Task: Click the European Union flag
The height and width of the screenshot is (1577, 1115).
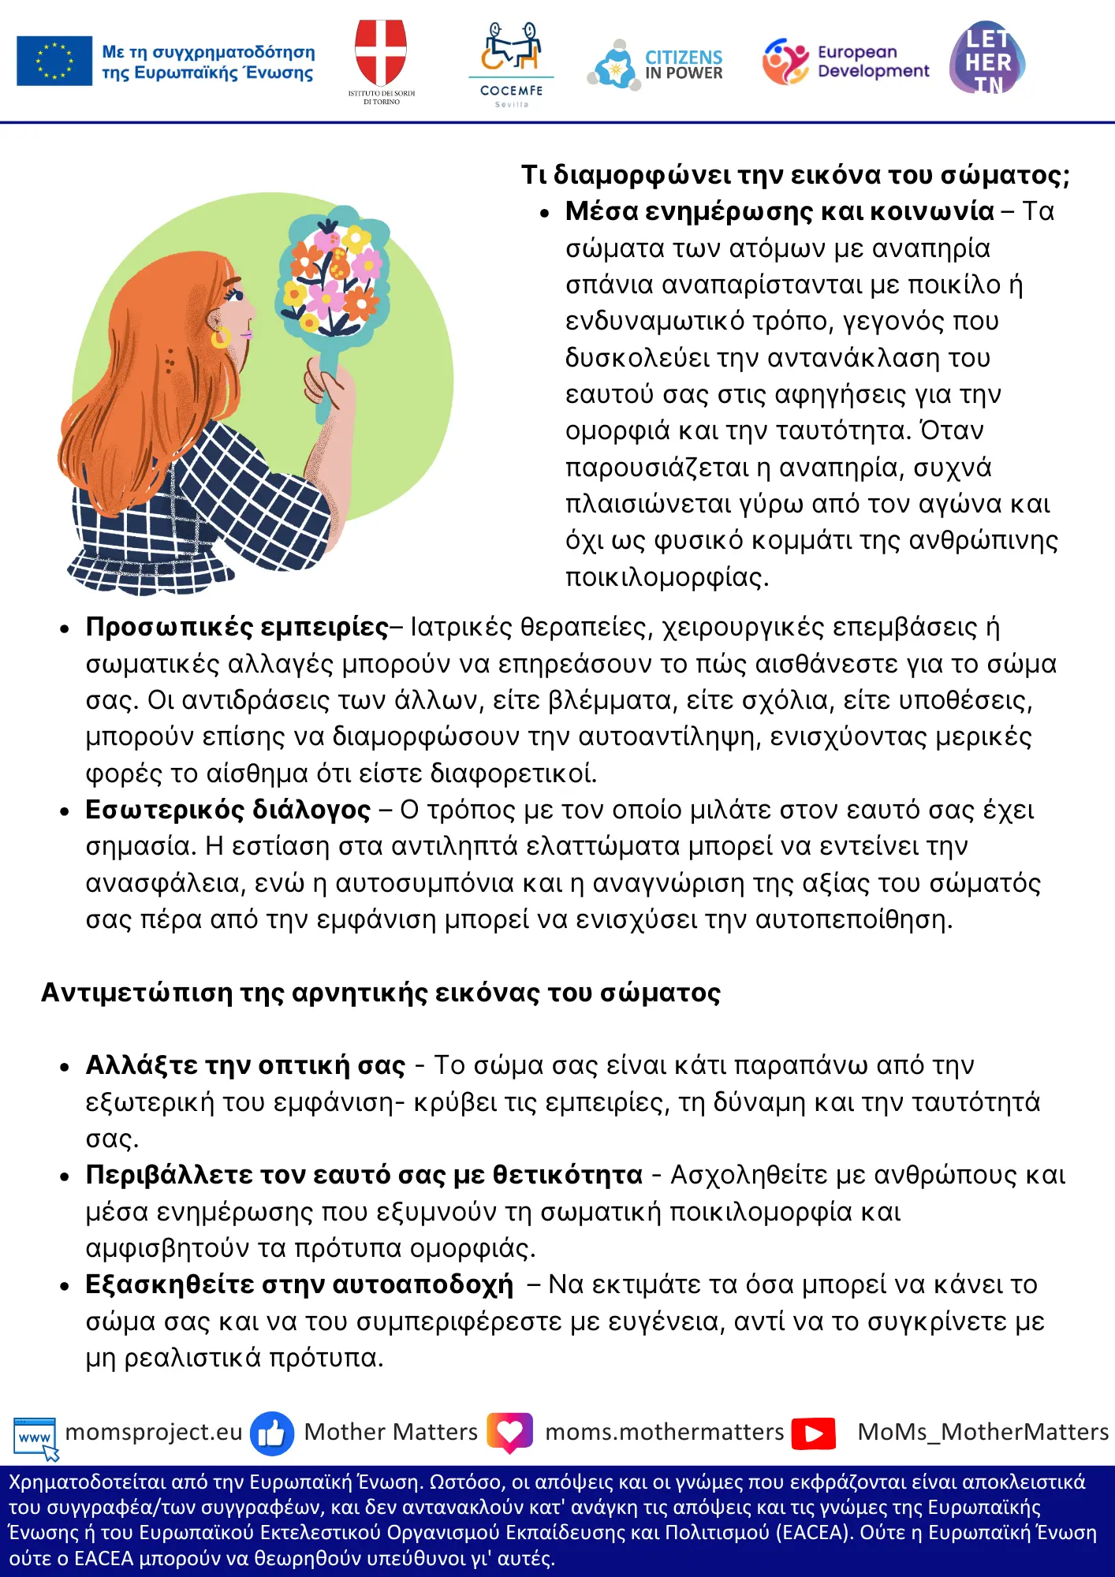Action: [54, 61]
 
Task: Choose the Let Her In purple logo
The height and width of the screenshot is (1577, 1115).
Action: [987, 58]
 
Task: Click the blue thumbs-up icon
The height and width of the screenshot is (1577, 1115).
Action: [272, 1433]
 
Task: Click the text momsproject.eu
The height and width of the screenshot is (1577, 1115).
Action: [154, 1432]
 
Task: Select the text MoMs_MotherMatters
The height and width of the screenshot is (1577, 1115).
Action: [983, 1432]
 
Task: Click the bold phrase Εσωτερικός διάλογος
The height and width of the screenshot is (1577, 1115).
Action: [228, 810]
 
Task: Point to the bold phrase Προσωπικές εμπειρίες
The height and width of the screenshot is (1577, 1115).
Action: [237, 627]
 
